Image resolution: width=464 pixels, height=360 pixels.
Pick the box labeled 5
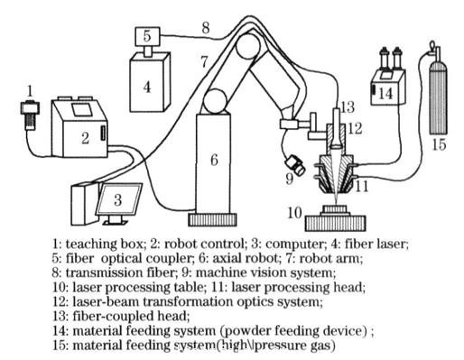point(144,37)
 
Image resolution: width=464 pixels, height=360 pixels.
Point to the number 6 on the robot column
point(214,159)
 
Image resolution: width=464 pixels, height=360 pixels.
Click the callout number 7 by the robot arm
point(205,62)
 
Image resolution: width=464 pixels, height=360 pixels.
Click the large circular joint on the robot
point(216,100)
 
